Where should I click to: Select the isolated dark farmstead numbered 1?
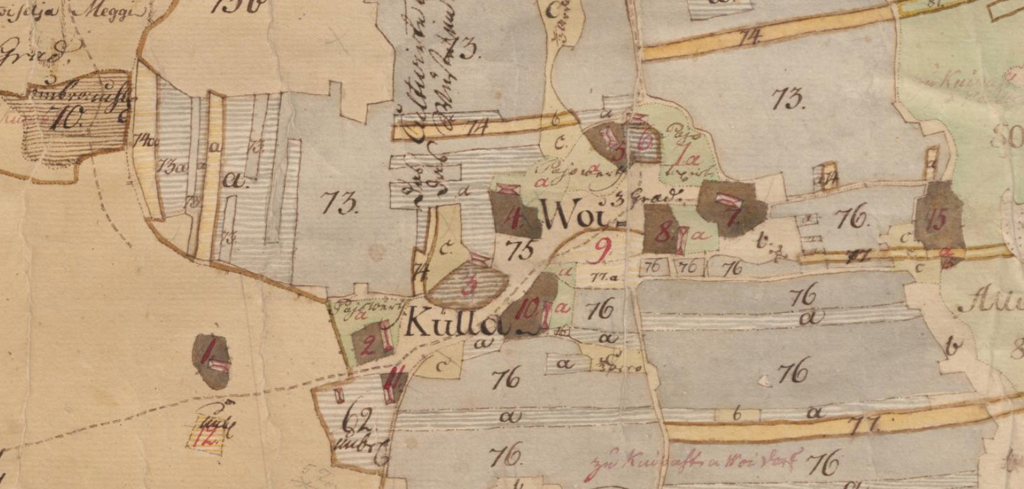coord(211,360)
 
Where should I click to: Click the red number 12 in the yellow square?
coord(207,438)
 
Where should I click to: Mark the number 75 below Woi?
coord(520,249)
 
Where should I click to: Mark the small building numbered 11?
coord(392,385)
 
